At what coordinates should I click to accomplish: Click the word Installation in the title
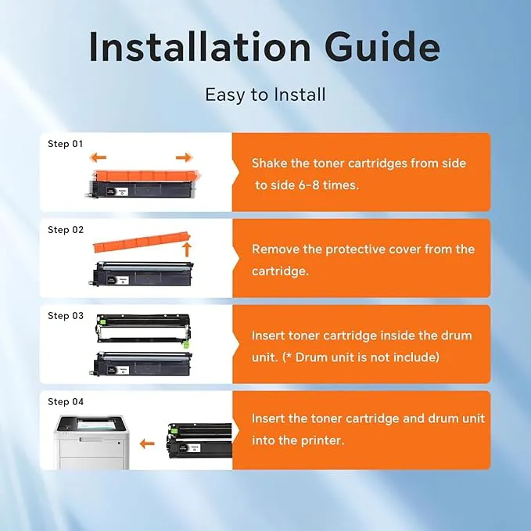[x=199, y=46]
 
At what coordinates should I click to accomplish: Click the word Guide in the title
[x=382, y=46]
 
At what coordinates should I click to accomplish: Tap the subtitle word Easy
[x=225, y=95]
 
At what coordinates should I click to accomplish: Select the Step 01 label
[x=66, y=144]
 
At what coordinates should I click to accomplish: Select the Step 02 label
[x=66, y=230]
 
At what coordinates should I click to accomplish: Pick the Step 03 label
[x=66, y=316]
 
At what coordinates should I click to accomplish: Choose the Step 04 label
[x=66, y=402]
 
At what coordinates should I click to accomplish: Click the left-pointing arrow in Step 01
[x=98, y=157]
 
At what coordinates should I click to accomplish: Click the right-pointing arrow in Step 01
[x=185, y=157]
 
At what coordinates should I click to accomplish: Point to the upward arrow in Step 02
[x=187, y=249]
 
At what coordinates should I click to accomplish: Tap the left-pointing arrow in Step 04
[x=147, y=443]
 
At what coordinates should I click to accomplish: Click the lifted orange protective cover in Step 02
[x=142, y=242]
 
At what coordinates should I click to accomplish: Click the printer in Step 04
[x=91, y=442]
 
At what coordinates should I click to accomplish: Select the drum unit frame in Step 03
[x=142, y=328]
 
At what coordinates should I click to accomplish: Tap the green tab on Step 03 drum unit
[x=185, y=345]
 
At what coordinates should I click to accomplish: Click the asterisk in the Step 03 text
[x=289, y=355]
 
